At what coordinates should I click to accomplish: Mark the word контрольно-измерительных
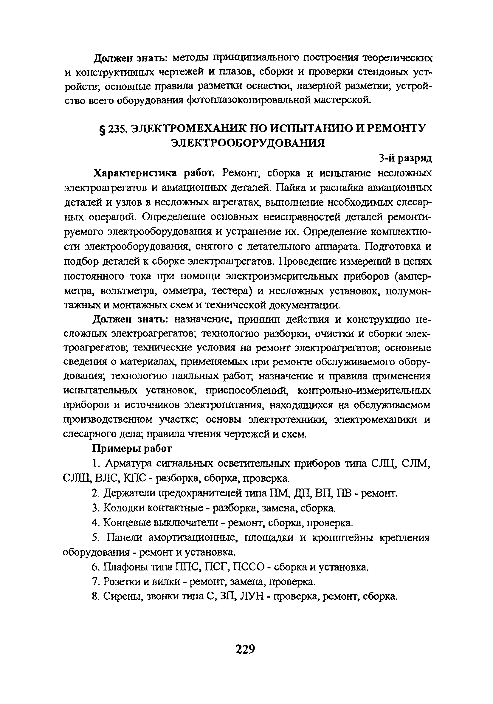364,391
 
